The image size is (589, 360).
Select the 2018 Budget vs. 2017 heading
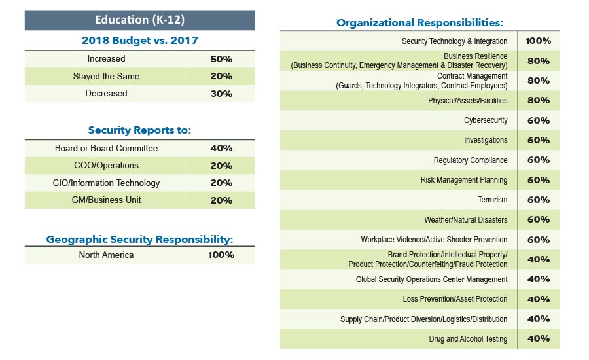139,41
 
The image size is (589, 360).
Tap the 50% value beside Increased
221,59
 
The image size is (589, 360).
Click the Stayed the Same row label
106,77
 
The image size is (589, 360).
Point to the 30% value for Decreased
221,94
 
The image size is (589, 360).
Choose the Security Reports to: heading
139,130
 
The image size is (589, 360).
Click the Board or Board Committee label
106,149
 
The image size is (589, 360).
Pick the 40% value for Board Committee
221,149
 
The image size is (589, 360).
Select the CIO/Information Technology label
106,183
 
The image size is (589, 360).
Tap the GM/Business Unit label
106,200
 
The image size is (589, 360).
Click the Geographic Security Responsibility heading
139,240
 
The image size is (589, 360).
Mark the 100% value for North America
221,255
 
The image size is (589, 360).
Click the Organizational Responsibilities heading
419,23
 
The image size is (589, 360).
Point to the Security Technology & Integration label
454,41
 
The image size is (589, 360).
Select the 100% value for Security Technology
538,41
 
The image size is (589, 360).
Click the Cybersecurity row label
486,120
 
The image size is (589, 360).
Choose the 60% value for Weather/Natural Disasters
538,220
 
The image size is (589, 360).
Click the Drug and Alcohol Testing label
467,339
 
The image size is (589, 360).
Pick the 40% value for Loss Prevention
538,299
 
